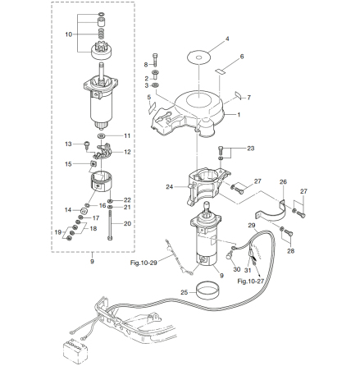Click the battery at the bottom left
(x=75, y=351)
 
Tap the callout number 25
(x=184, y=292)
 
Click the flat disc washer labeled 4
(x=199, y=57)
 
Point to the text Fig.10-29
(x=144, y=263)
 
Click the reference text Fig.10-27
(x=250, y=281)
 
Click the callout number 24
(x=170, y=187)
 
